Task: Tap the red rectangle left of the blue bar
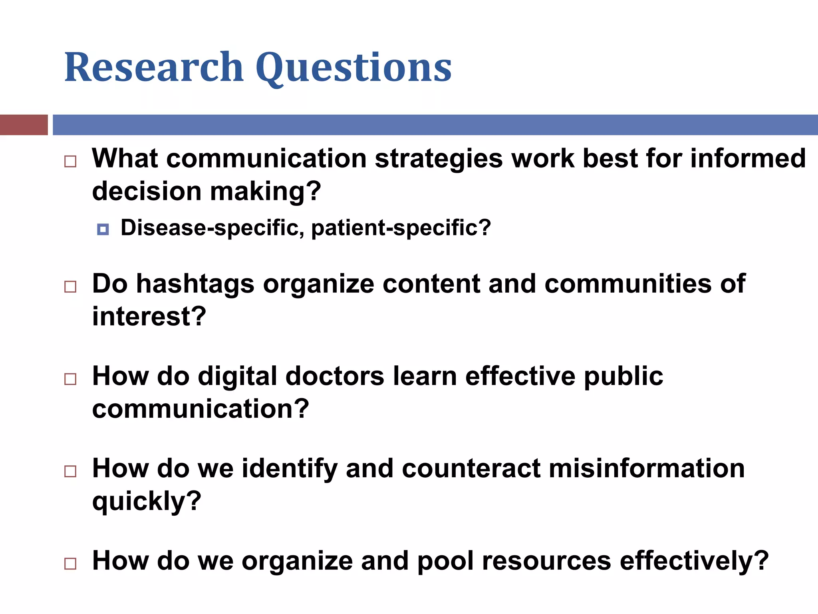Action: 24,125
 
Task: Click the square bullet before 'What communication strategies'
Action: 70,161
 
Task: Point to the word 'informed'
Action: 748,158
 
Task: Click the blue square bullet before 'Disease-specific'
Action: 103,229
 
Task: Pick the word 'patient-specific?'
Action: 401,228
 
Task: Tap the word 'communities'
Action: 628,284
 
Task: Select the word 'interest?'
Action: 149,317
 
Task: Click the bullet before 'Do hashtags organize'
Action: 70,287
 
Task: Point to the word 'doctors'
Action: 335,377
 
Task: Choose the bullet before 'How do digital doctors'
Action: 70,379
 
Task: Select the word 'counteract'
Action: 471,468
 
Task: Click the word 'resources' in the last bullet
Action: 546,561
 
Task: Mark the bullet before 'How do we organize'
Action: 70,564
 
